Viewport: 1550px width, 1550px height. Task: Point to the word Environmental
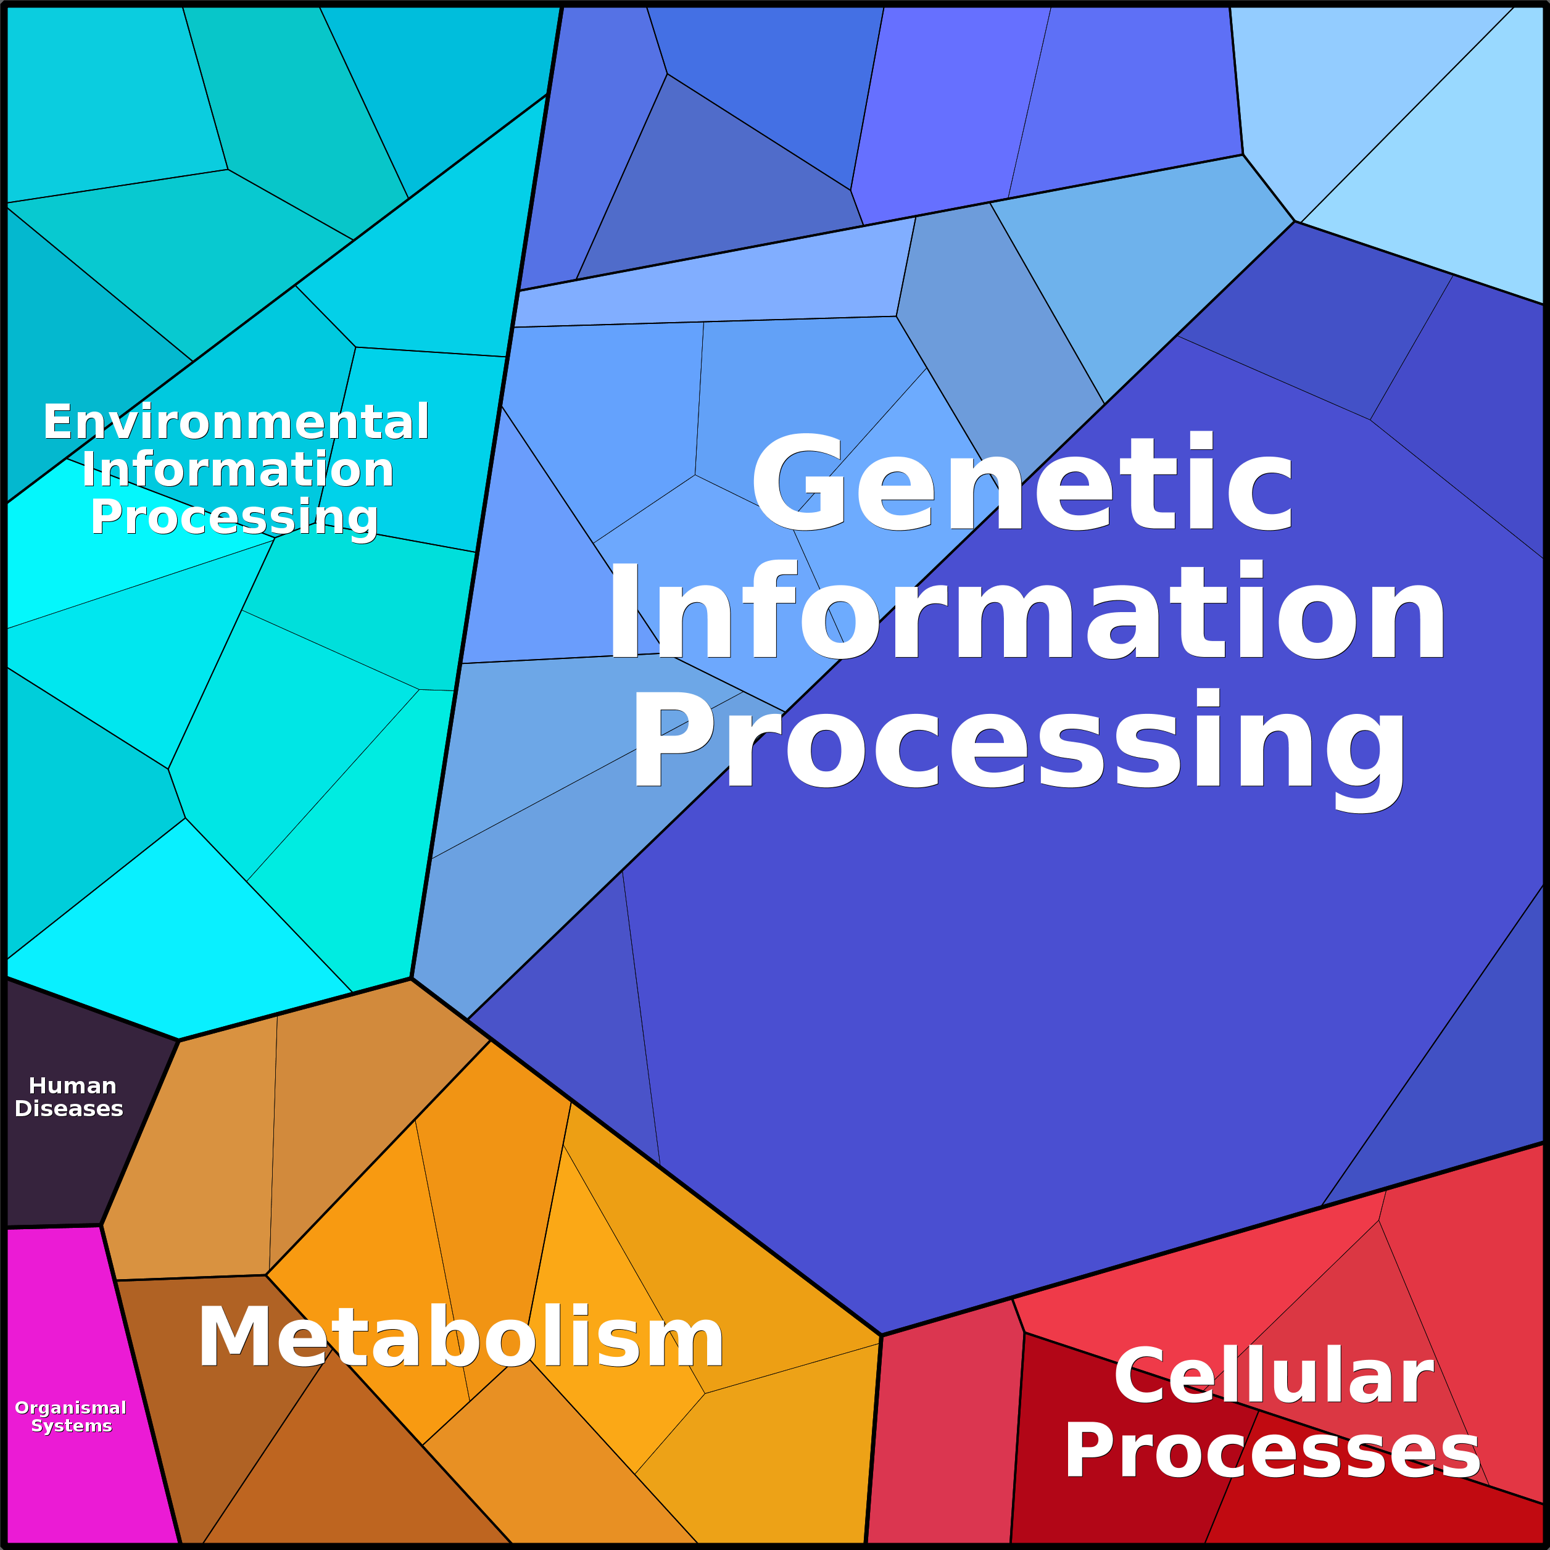pyautogui.click(x=236, y=422)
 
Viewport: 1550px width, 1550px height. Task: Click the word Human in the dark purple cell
pyautogui.click(x=72, y=1085)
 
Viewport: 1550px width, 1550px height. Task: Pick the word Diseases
pyautogui.click(x=69, y=1109)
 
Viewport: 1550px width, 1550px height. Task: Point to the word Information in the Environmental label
pyautogui.click(x=238, y=470)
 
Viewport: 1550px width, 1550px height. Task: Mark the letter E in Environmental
pyautogui.click(x=59, y=422)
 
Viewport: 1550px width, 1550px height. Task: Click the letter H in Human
pyautogui.click(x=38, y=1085)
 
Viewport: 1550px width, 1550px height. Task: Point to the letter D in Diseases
pyautogui.click(x=23, y=1109)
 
